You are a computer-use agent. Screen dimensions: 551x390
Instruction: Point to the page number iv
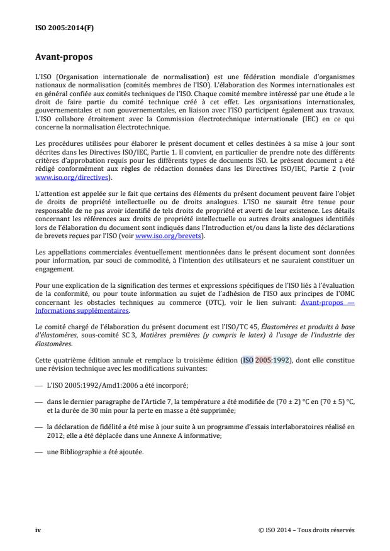(37, 530)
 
